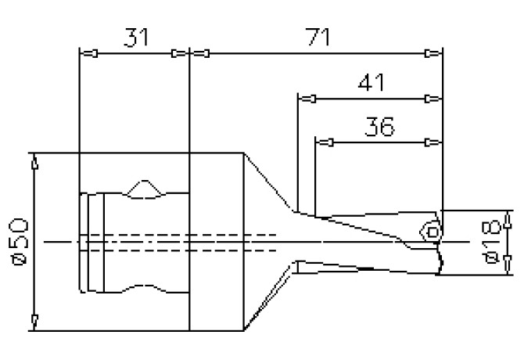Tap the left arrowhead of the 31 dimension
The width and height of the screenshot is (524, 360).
click(89, 54)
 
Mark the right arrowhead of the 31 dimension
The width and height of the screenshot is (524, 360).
click(180, 54)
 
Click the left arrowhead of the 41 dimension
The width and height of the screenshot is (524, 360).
click(307, 99)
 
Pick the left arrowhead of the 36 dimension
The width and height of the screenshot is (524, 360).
click(325, 142)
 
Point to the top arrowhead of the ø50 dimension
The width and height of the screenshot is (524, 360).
click(34, 162)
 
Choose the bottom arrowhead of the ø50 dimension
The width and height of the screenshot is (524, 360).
click(34, 320)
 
